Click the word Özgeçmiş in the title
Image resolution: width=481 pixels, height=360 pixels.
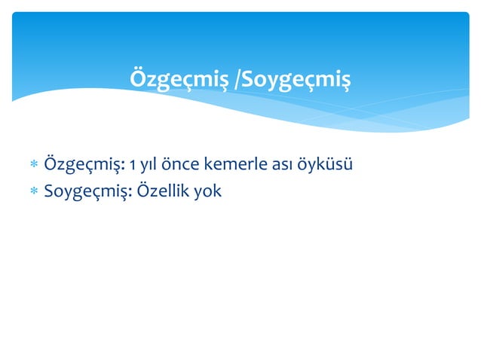179,79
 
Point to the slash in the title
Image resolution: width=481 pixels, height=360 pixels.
238,79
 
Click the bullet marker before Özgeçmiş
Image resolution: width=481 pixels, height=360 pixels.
33,165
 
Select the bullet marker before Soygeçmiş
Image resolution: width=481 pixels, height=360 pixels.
33,191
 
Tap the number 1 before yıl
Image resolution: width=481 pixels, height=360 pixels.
133,164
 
